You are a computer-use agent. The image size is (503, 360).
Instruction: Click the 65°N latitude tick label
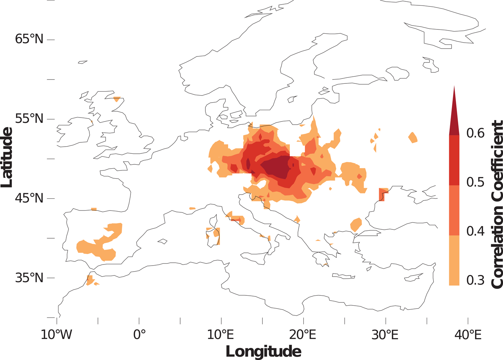pos(29,39)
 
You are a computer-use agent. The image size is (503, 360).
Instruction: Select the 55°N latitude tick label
pos(29,119)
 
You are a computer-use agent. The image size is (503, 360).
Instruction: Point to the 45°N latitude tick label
pos(29,198)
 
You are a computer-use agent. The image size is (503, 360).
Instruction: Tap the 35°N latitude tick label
pos(29,278)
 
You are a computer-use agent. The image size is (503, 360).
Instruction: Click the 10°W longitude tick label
pos(56,334)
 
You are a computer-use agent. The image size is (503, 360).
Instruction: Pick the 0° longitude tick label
pos(139,334)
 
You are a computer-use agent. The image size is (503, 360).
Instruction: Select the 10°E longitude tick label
pos(221,334)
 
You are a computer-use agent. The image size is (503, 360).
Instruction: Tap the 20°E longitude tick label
pos(303,334)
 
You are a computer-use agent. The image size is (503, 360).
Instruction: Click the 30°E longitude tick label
pos(385,334)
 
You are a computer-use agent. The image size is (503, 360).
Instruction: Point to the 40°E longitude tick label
pos(468,334)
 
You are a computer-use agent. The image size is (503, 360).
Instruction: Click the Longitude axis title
pos(264,351)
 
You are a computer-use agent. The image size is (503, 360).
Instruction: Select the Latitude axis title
pos(7,157)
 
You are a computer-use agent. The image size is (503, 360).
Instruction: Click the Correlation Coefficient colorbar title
pos(496,204)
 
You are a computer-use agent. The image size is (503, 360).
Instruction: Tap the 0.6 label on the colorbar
pos(475,133)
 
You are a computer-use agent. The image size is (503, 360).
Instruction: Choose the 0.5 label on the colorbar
pos(475,182)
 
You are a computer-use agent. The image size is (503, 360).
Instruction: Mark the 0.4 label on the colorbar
pos(475,231)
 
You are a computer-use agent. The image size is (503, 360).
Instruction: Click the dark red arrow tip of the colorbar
pos(454,114)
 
